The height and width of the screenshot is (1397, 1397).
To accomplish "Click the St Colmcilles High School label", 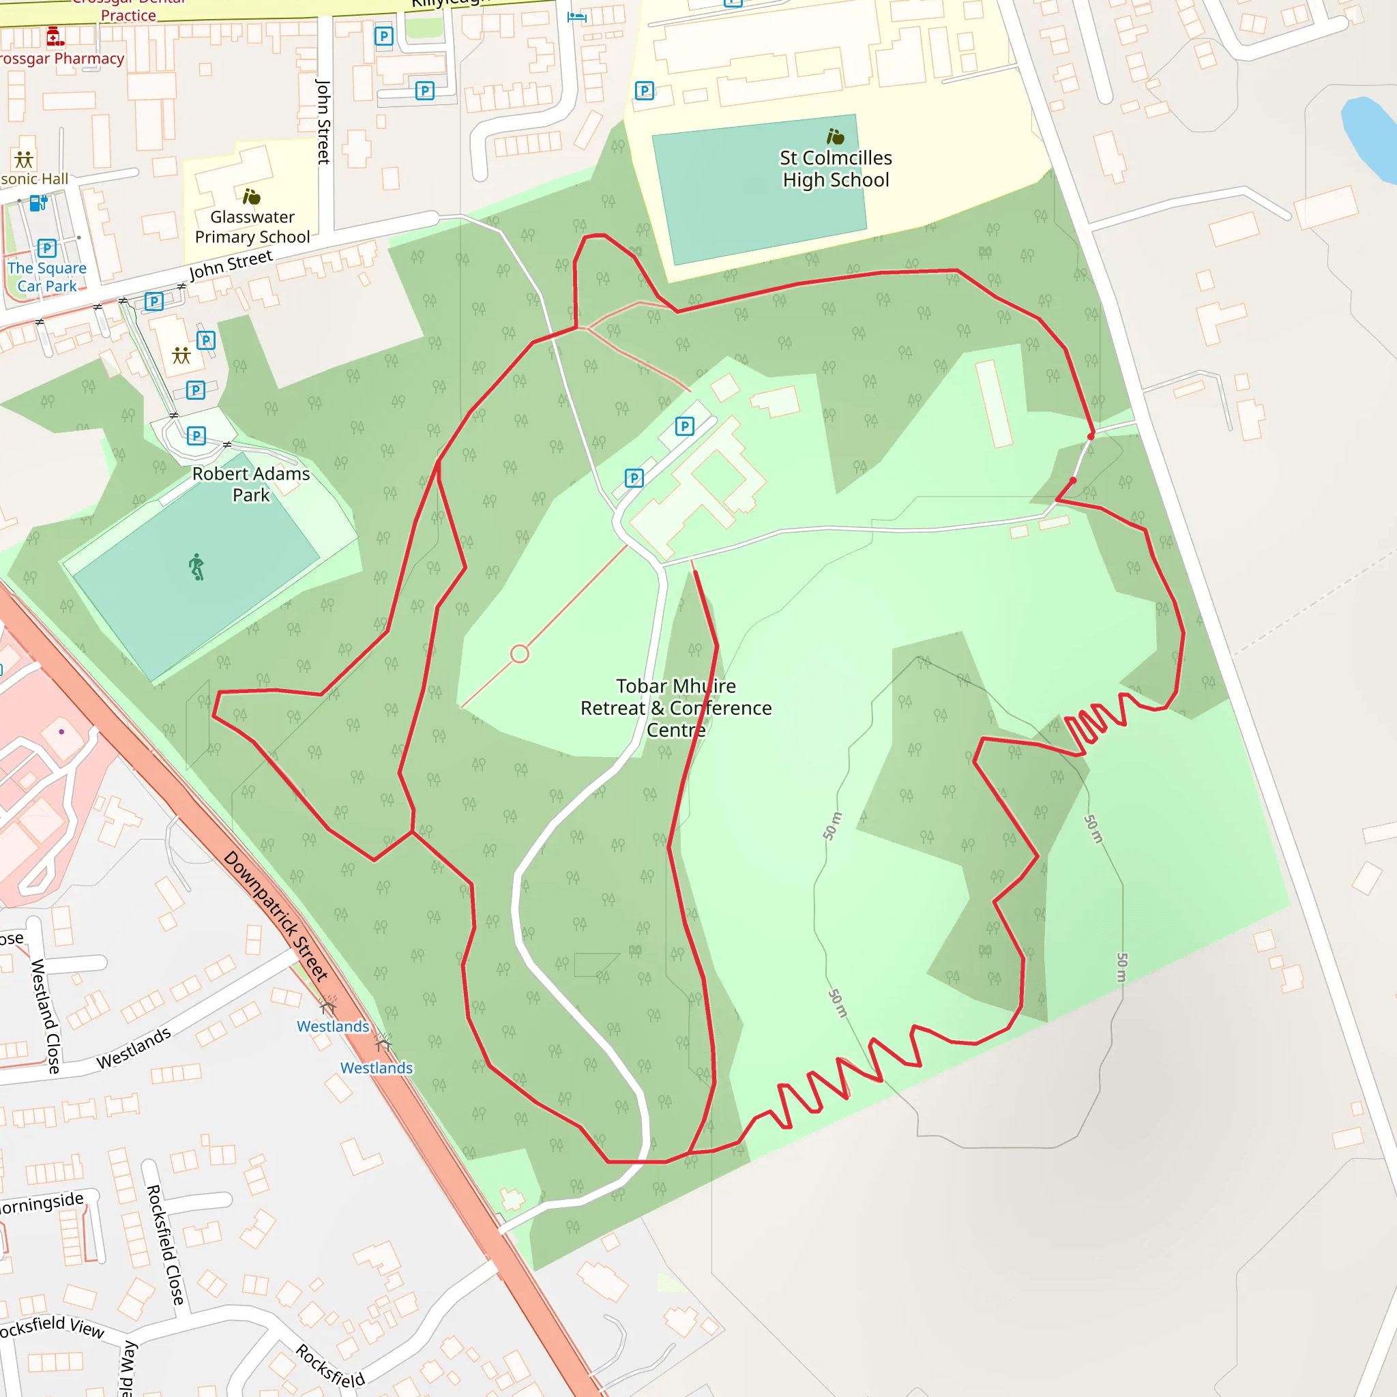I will click(x=835, y=168).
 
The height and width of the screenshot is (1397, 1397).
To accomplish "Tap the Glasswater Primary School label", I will click(x=252, y=226).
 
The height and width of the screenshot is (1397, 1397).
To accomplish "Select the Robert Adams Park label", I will click(x=251, y=484).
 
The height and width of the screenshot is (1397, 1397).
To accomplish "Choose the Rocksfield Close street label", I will click(x=166, y=1244).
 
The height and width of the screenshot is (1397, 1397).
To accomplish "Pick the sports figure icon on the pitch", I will click(x=196, y=567).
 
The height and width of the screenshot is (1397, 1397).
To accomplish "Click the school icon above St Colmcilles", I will click(x=835, y=136).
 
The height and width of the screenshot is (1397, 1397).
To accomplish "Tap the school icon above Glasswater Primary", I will click(x=251, y=196).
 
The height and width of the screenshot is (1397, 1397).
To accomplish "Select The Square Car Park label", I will click(x=47, y=277).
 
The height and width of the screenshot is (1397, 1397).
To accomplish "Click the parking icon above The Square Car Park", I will click(x=47, y=248).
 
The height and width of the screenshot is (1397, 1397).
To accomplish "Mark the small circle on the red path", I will click(x=519, y=653).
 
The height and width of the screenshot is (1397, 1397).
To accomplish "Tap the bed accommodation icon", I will click(x=576, y=16).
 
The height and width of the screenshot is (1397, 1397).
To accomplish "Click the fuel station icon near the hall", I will click(x=38, y=204).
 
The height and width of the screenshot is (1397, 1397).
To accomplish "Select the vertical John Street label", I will click(x=323, y=121).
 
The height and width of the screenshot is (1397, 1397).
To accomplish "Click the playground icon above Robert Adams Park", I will click(x=181, y=354).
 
